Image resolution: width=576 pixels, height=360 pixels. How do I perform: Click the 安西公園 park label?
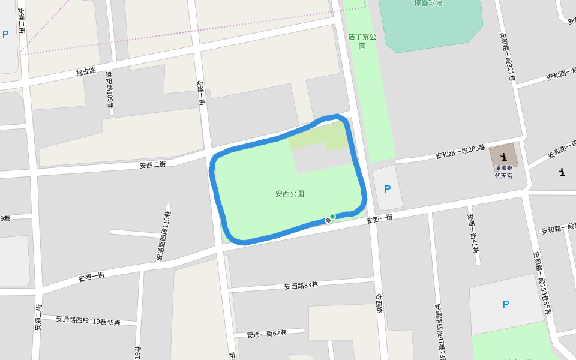[x=290, y=194]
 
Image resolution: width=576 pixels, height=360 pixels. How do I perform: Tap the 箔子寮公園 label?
[x=362, y=41]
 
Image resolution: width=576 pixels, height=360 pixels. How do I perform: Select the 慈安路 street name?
[x=86, y=72]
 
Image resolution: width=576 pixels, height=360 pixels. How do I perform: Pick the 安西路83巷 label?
[x=301, y=286]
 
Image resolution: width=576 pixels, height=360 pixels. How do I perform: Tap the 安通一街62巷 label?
[x=266, y=333]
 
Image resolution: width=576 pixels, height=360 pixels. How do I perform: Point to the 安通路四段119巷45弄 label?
[x=88, y=321]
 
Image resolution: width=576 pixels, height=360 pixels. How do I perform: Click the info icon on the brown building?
[x=502, y=157]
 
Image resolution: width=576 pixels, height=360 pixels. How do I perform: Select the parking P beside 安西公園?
[x=387, y=189]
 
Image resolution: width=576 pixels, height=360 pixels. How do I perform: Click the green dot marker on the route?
[x=332, y=217]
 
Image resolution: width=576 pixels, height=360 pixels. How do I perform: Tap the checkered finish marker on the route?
[x=328, y=220]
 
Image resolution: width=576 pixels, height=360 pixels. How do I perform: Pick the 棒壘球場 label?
[x=428, y=3]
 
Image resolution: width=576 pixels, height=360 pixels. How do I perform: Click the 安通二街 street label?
[x=22, y=20]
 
